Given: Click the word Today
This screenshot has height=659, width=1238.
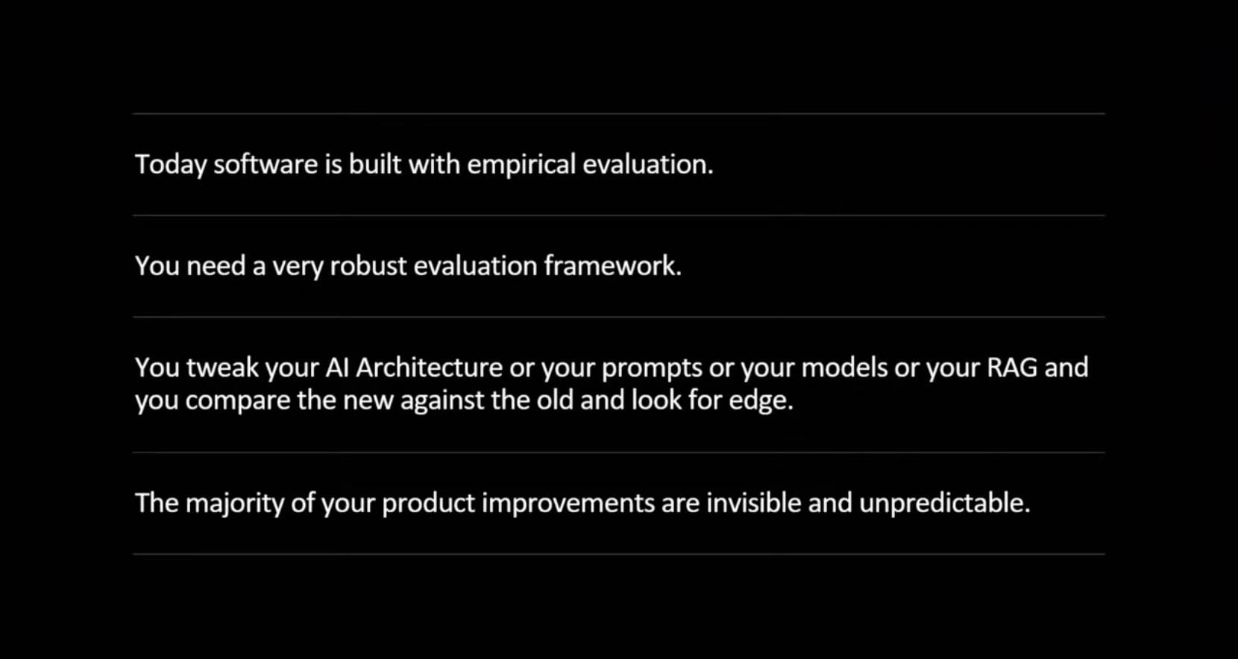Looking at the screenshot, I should coord(170,165).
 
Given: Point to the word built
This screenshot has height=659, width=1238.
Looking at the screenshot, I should coord(374,164).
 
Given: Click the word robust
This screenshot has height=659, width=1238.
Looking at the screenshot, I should coord(368,266).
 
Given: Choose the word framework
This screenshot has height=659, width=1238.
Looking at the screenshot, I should coord(612,266).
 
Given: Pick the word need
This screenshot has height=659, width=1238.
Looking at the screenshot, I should coord(216,266).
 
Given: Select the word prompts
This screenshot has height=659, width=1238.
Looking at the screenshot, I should coord(652,368).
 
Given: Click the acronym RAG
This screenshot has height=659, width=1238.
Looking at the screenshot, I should coord(1012,368).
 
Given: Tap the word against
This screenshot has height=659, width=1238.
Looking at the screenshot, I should coord(442,401).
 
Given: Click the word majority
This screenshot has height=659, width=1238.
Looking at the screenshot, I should coord(234,503).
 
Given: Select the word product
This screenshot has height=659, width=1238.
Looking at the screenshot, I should coord(428,503).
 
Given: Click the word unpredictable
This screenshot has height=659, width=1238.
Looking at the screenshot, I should coord(943,503).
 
